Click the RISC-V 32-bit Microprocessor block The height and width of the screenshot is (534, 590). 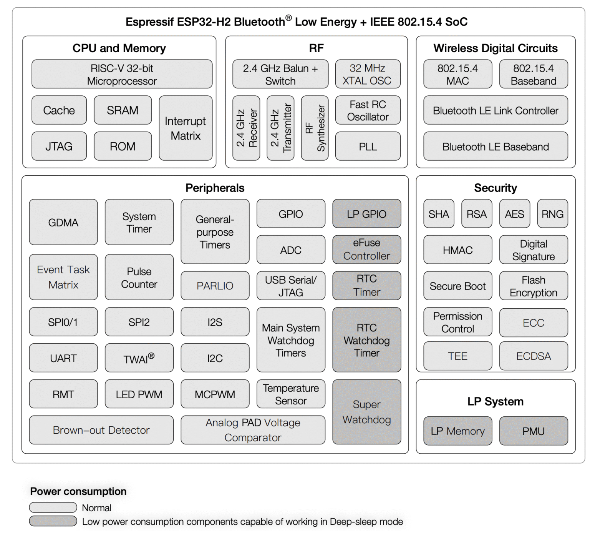point(122,74)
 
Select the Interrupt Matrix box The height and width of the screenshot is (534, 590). point(186,128)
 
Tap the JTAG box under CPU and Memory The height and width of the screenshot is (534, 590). point(59,146)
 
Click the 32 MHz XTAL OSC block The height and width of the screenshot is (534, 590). point(368,74)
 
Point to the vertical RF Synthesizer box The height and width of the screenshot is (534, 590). point(315,128)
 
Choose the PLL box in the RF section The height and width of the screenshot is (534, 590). point(368,146)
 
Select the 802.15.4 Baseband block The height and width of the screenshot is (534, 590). point(533,74)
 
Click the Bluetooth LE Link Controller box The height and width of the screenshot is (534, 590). point(495,110)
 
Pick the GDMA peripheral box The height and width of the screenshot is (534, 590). point(63,222)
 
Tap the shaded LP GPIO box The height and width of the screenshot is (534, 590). point(366,214)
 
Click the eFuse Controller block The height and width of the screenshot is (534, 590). point(366,250)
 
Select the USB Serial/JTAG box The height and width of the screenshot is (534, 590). point(291,286)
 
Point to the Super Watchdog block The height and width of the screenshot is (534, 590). point(366,412)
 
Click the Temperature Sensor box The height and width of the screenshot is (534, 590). point(291,394)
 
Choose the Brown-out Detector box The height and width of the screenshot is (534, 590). point(101,430)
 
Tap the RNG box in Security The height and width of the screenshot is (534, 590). point(552,214)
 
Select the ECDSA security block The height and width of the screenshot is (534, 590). point(533,356)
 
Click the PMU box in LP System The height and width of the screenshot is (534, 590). point(533,431)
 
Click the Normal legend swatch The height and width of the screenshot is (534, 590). point(53,507)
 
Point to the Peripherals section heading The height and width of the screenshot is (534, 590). point(215,188)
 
